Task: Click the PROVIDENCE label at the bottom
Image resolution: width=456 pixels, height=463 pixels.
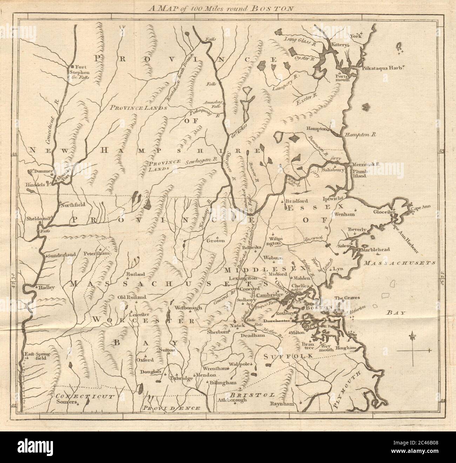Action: pos(172,408)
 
